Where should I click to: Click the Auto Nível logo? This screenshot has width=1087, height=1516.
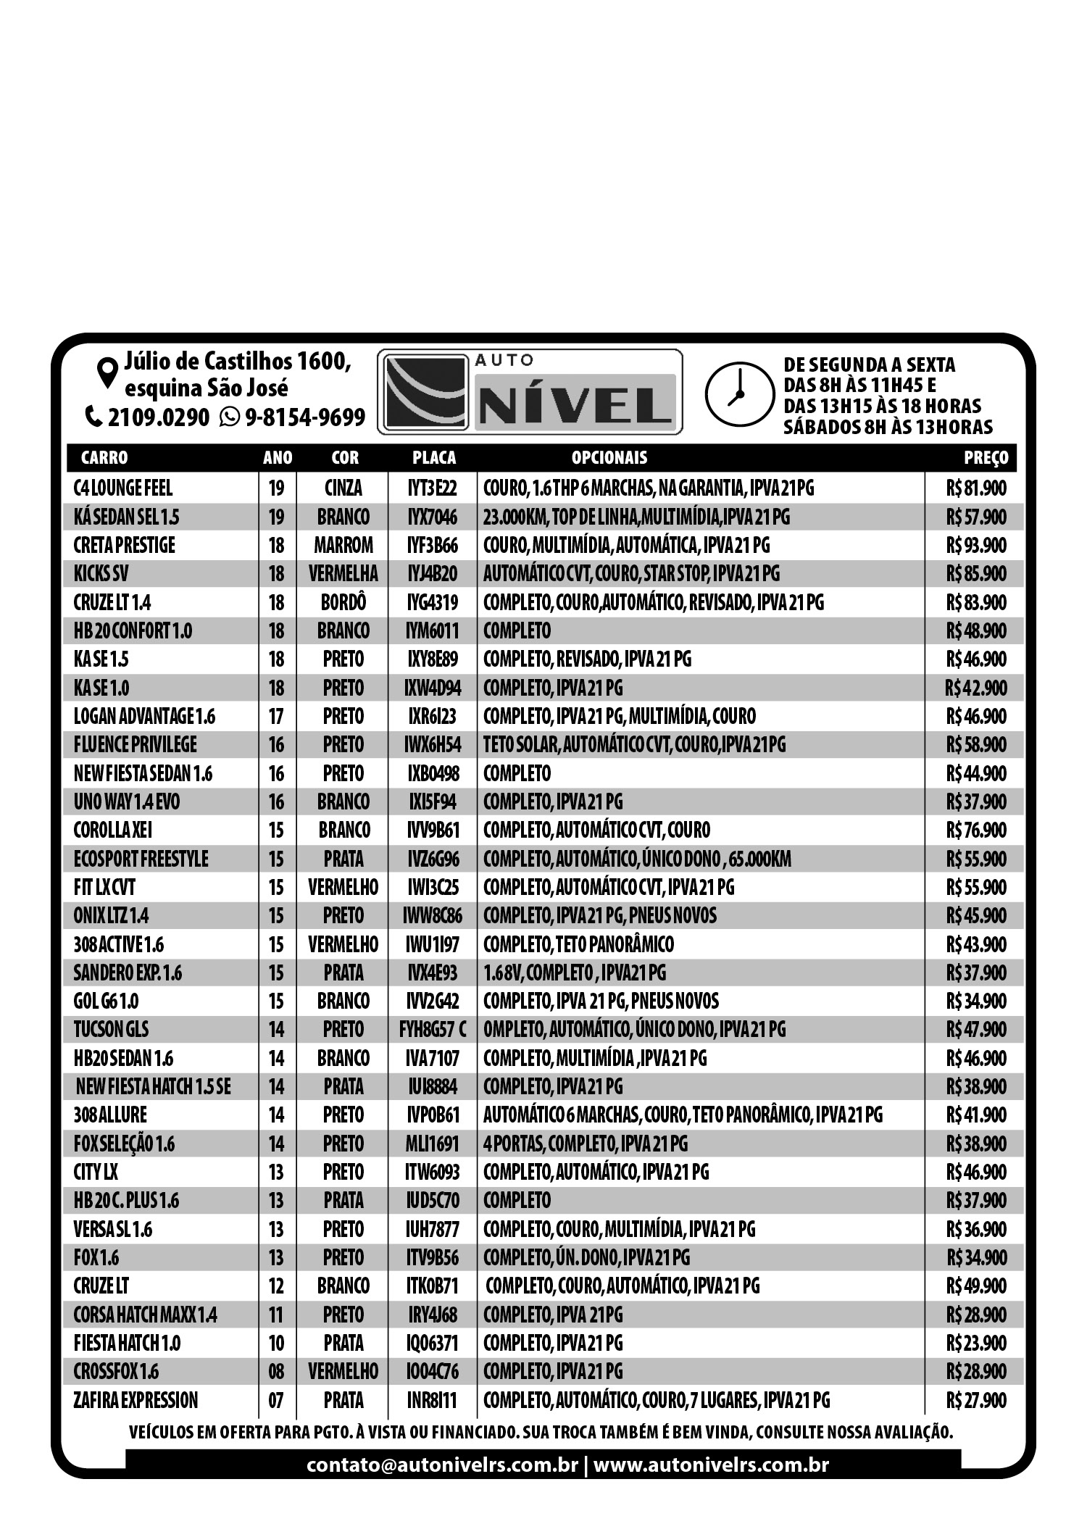coord(529,392)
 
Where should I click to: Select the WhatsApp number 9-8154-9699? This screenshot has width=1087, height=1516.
coord(304,418)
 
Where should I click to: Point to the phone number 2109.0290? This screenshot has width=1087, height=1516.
coord(158,418)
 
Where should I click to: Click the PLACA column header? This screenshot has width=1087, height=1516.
coord(434,458)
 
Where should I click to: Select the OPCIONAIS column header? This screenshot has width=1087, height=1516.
coord(609,458)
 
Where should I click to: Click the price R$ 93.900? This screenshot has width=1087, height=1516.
coord(975,546)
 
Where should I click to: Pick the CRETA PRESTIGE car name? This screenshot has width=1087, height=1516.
coord(124,546)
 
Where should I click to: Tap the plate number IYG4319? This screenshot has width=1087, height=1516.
coord(433,603)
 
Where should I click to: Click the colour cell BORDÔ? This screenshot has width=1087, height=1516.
coord(343,603)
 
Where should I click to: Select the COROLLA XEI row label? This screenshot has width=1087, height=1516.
coord(113,830)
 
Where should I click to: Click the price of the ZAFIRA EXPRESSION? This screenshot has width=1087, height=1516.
coord(975,1401)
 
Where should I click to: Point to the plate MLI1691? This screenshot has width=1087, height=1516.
coord(433,1144)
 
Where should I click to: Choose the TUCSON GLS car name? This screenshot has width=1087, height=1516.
coord(111,1030)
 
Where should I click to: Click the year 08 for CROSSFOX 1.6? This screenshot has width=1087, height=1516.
coord(276,1372)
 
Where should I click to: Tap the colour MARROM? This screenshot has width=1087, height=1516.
coord(343,546)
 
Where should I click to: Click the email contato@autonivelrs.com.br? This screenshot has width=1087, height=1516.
coord(442,1465)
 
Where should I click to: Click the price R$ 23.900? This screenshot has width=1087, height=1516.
coord(975,1344)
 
